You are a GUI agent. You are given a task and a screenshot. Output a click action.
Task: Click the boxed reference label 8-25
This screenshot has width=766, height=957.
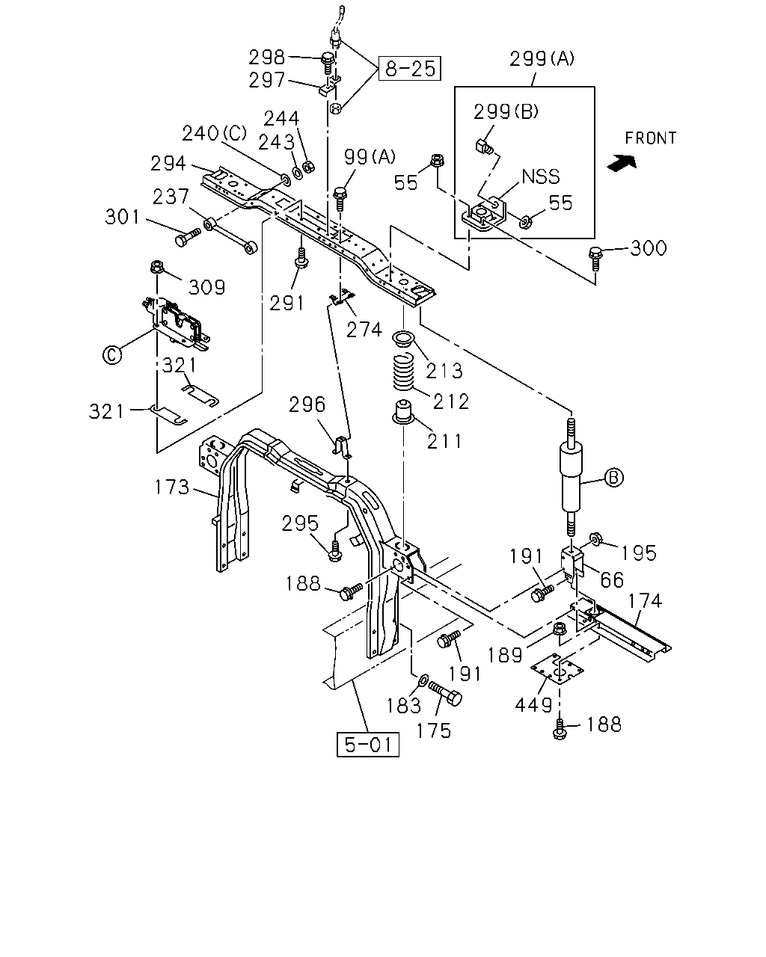point(409,69)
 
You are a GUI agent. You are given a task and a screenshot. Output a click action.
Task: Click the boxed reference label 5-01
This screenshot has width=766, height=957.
point(367,744)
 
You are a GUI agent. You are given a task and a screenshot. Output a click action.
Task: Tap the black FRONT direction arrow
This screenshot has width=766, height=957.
point(622,163)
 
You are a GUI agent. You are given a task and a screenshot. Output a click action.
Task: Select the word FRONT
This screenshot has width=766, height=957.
point(650,138)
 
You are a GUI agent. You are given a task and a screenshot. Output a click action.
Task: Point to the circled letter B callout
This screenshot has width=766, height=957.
point(613,478)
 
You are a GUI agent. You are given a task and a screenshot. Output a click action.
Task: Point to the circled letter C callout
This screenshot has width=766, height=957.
point(112,355)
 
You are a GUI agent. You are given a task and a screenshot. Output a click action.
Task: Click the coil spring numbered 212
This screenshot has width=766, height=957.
point(404,371)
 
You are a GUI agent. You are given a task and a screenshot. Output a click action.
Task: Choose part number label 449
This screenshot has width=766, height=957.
point(533,705)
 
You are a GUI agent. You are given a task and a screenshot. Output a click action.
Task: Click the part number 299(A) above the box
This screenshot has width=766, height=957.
point(542,59)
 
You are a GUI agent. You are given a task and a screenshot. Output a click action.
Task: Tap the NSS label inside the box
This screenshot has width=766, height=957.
point(540,176)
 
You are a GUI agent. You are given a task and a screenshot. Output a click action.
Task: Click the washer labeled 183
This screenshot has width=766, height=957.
point(423,679)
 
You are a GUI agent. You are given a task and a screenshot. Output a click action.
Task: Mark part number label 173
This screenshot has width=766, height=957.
point(172,487)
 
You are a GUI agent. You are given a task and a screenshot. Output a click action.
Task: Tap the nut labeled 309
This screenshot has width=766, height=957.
point(156,268)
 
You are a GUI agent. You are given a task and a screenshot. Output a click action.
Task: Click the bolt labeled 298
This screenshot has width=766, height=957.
point(327,63)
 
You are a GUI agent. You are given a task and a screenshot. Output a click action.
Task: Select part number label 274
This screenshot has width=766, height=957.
point(364,330)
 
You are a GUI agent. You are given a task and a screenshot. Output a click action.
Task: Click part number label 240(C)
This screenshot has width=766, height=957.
point(215,133)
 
